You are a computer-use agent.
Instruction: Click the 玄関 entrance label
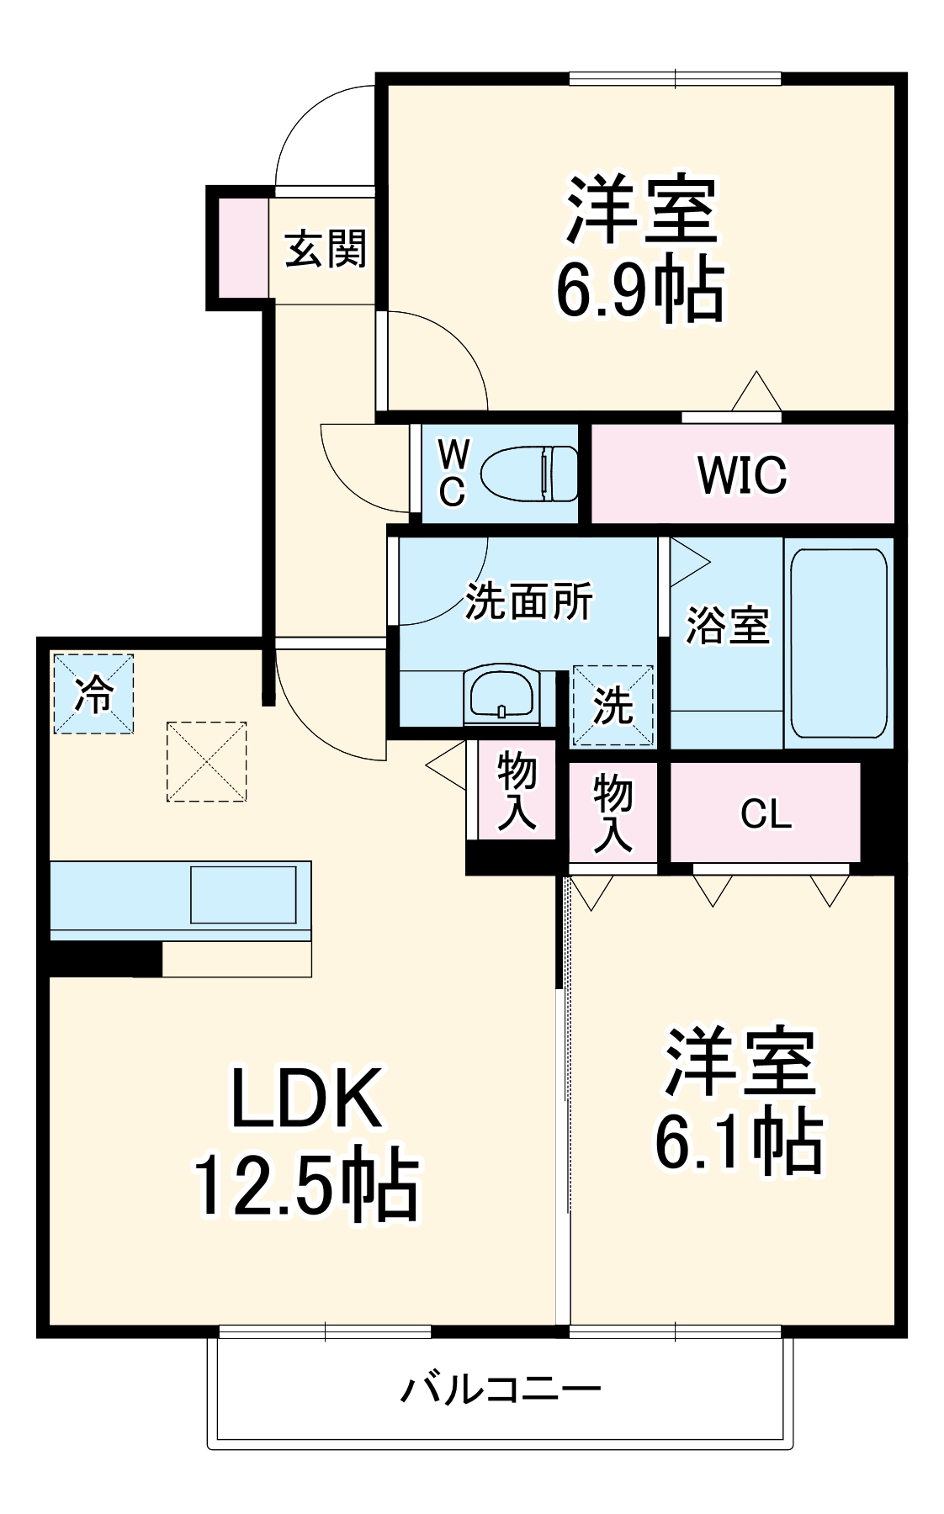coord(326,249)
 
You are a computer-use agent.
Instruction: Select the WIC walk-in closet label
coord(742,474)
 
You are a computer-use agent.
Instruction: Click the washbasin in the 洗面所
coord(502,695)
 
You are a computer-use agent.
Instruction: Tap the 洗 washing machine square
coord(613,706)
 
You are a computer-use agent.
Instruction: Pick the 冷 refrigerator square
coord(93,694)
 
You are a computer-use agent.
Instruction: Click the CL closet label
coord(766,813)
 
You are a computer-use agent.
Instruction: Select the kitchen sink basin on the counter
coord(243,895)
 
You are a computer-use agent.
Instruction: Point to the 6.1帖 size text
coord(739,1142)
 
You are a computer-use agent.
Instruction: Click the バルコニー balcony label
coord(500,1390)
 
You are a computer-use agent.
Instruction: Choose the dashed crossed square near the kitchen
coord(206,761)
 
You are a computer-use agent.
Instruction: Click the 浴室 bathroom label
coord(727,625)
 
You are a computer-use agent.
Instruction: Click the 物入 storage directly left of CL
coord(613,813)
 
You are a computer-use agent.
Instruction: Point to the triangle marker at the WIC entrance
coord(756,393)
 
